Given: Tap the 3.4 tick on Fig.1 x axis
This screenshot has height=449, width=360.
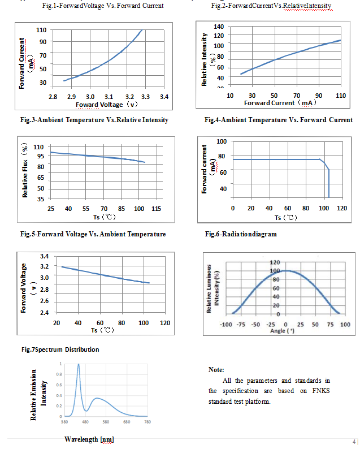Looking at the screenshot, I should [164, 97].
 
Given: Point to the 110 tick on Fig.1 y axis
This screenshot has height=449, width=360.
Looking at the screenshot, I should [41, 29].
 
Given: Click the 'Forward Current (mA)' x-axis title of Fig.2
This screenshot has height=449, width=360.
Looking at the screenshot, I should [280, 103].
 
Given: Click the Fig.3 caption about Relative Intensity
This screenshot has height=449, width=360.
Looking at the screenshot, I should [94, 120].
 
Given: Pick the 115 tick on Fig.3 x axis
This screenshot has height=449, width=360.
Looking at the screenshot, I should [157, 209].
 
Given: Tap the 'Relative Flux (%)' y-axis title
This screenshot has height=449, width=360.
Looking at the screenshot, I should [25, 171].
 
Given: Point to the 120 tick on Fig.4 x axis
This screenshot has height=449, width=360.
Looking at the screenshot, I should [341, 208].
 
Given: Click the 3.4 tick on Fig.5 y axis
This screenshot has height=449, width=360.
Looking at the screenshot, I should [44, 256].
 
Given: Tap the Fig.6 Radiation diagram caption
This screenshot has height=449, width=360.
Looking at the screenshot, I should [241, 234].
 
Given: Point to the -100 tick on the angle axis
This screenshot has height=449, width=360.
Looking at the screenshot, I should [227, 325].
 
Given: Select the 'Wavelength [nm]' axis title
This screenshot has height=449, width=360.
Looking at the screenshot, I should [90, 439].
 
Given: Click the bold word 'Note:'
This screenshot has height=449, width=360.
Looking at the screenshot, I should [216, 369].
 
